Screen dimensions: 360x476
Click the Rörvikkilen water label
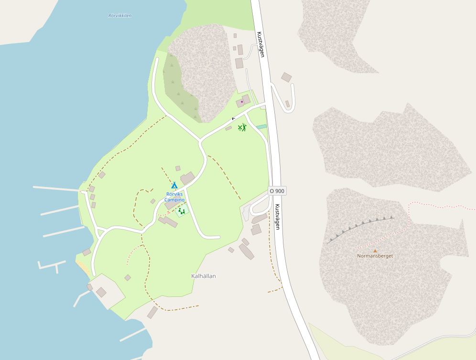[119, 16]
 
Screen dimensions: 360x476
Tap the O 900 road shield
[277, 191]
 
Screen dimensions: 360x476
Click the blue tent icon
[174, 185]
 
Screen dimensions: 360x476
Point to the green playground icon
[181, 210]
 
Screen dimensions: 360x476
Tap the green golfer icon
[242, 127]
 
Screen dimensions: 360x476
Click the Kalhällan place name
[204, 276]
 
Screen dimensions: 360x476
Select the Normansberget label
[375, 256]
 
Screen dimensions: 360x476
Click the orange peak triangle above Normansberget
[375, 250]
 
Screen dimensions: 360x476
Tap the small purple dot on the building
[242, 102]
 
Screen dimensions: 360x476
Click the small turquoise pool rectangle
[261, 127]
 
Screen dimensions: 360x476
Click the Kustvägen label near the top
[260, 44]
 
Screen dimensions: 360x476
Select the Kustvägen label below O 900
[277, 217]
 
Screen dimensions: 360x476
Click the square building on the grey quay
[101, 292]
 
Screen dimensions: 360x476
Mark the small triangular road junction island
[100, 233]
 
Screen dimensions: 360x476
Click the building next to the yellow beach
[87, 252]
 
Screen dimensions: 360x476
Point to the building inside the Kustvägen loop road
[287, 104]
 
